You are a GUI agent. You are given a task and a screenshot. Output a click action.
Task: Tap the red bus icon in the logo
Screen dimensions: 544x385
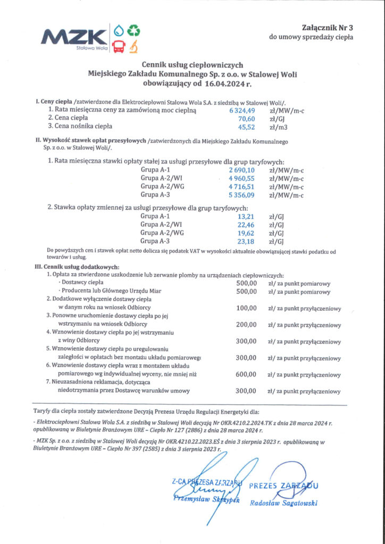point(119,46)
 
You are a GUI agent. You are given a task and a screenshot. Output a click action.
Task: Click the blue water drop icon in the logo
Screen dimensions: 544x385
point(118,30)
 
